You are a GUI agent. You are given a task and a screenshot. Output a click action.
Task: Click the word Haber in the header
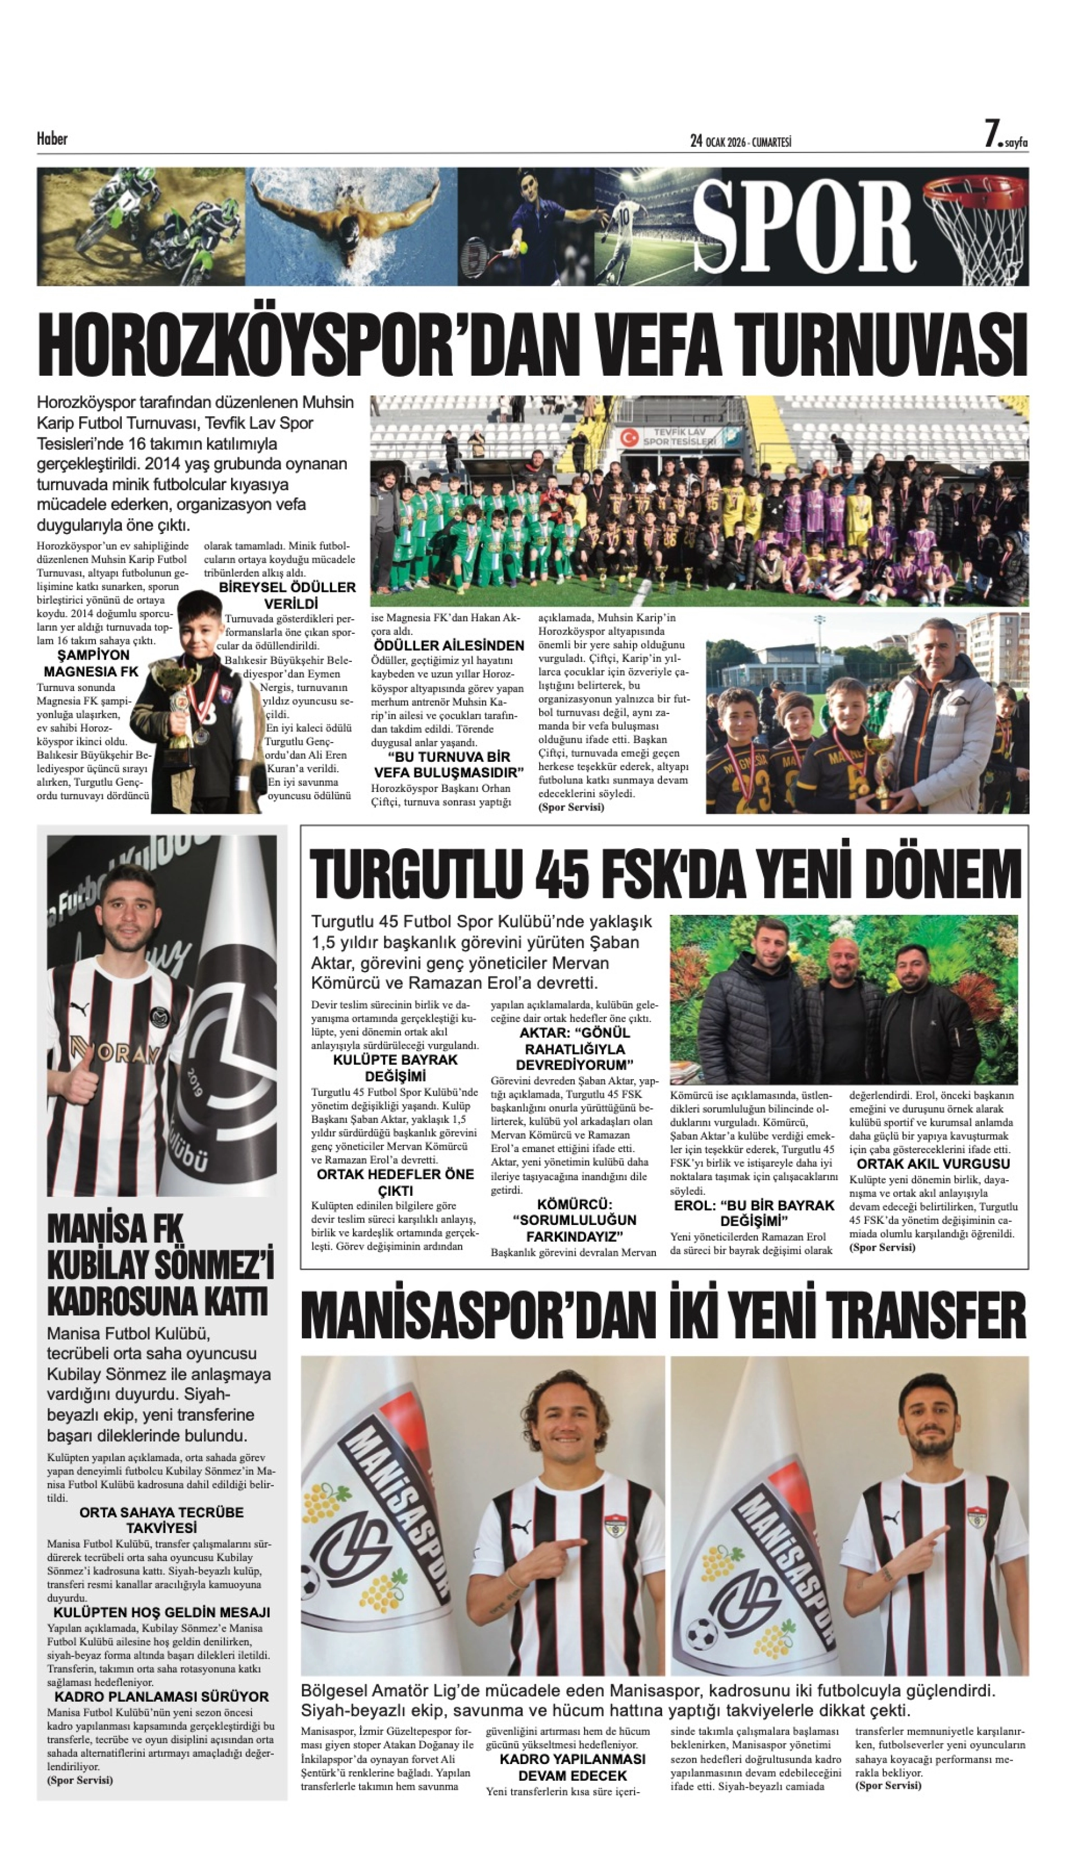pos(52,139)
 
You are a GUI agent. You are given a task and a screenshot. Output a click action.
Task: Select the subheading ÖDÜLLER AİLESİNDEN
pos(448,646)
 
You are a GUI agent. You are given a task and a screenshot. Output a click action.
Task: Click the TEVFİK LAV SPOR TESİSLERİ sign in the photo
pos(679,437)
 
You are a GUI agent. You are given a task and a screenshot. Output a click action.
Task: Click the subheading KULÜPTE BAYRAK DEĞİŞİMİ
pos(396,1068)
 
